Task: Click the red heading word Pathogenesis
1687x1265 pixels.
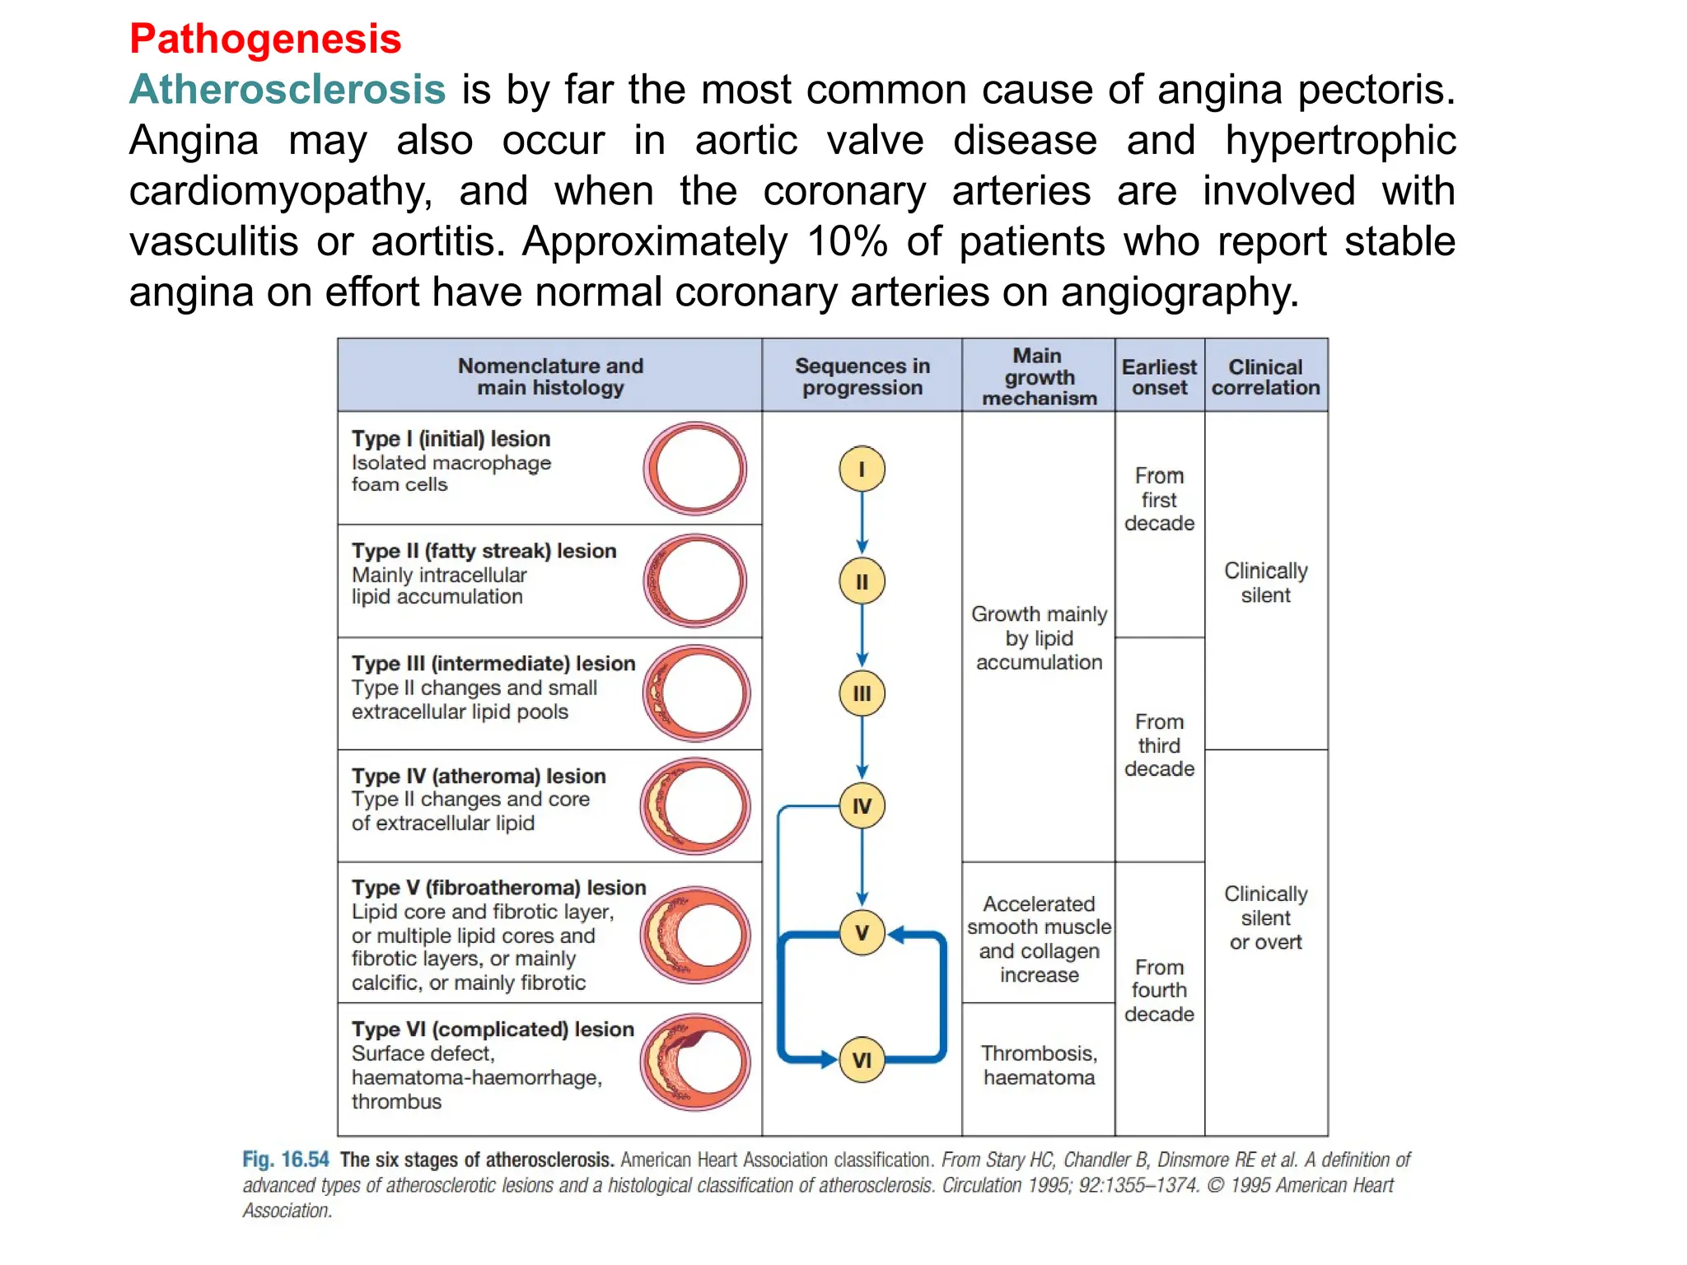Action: click(x=265, y=39)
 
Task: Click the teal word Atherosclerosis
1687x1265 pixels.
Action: click(x=287, y=89)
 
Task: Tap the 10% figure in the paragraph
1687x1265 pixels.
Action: click(x=847, y=241)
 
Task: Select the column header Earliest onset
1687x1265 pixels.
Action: click(x=1159, y=377)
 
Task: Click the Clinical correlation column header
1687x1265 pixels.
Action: click(x=1265, y=377)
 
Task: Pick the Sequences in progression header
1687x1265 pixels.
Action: click(x=862, y=377)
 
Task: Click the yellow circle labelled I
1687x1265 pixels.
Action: click(x=862, y=469)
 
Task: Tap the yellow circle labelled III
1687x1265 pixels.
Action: click(x=862, y=693)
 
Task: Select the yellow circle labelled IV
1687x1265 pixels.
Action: click(x=862, y=805)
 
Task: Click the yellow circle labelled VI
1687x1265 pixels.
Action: click(x=862, y=1060)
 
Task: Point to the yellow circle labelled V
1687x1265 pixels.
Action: click(x=862, y=933)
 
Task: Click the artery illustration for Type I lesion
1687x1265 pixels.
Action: click(x=695, y=469)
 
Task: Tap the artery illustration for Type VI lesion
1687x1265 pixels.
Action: click(x=695, y=1062)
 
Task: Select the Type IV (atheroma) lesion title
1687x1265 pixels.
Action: click(x=479, y=776)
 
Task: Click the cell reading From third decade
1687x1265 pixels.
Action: click(x=1159, y=745)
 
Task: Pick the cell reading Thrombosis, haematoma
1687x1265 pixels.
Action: click(x=1039, y=1066)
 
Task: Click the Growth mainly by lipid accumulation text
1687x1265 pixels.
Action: click(x=1039, y=638)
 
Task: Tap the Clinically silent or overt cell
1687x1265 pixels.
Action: click(x=1265, y=918)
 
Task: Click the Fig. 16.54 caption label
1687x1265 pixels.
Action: click(x=285, y=1160)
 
